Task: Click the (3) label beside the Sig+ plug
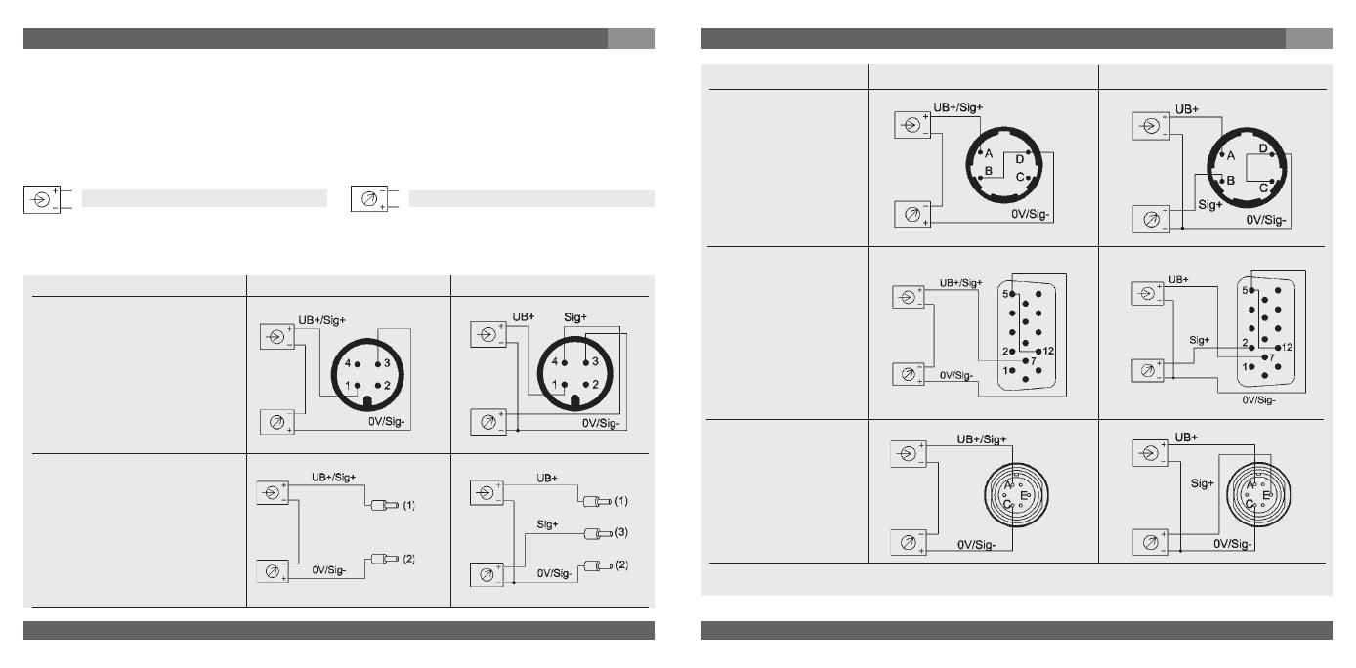click(x=621, y=532)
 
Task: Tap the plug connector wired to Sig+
click(x=598, y=533)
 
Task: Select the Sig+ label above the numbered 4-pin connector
click(x=575, y=317)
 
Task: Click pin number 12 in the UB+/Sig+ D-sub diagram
click(x=1048, y=351)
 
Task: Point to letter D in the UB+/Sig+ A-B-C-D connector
click(x=1019, y=160)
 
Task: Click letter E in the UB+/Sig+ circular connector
click(x=1024, y=496)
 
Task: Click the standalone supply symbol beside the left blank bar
click(x=41, y=199)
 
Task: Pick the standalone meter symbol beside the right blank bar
click(x=368, y=198)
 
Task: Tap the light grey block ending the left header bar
click(x=631, y=38)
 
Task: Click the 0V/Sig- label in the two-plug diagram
click(x=328, y=570)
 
